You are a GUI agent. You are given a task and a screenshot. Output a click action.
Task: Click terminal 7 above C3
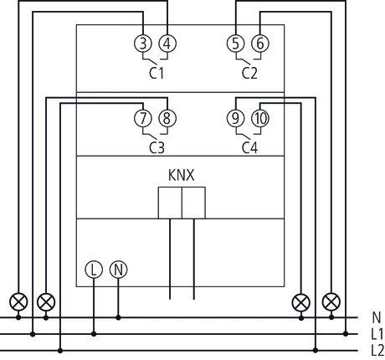click(x=143, y=119)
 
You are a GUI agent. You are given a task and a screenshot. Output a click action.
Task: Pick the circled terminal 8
click(x=167, y=119)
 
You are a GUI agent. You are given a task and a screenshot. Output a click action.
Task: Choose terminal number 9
click(x=237, y=119)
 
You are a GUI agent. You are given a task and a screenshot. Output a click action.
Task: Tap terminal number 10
click(x=260, y=119)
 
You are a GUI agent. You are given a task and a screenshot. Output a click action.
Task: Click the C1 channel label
click(x=156, y=74)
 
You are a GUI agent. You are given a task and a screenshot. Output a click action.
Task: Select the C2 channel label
click(x=249, y=74)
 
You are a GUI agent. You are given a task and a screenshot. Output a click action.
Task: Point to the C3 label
click(x=156, y=147)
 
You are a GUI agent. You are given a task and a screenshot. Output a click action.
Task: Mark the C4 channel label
click(x=249, y=147)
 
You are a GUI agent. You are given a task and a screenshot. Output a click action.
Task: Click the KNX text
click(x=182, y=177)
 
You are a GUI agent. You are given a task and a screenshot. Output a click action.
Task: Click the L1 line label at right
click(x=377, y=333)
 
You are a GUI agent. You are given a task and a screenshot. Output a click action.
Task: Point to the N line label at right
click(x=375, y=318)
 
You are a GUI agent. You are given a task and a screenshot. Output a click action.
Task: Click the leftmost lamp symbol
click(x=17, y=301)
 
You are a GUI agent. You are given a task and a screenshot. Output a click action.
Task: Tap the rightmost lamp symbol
click(x=332, y=301)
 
